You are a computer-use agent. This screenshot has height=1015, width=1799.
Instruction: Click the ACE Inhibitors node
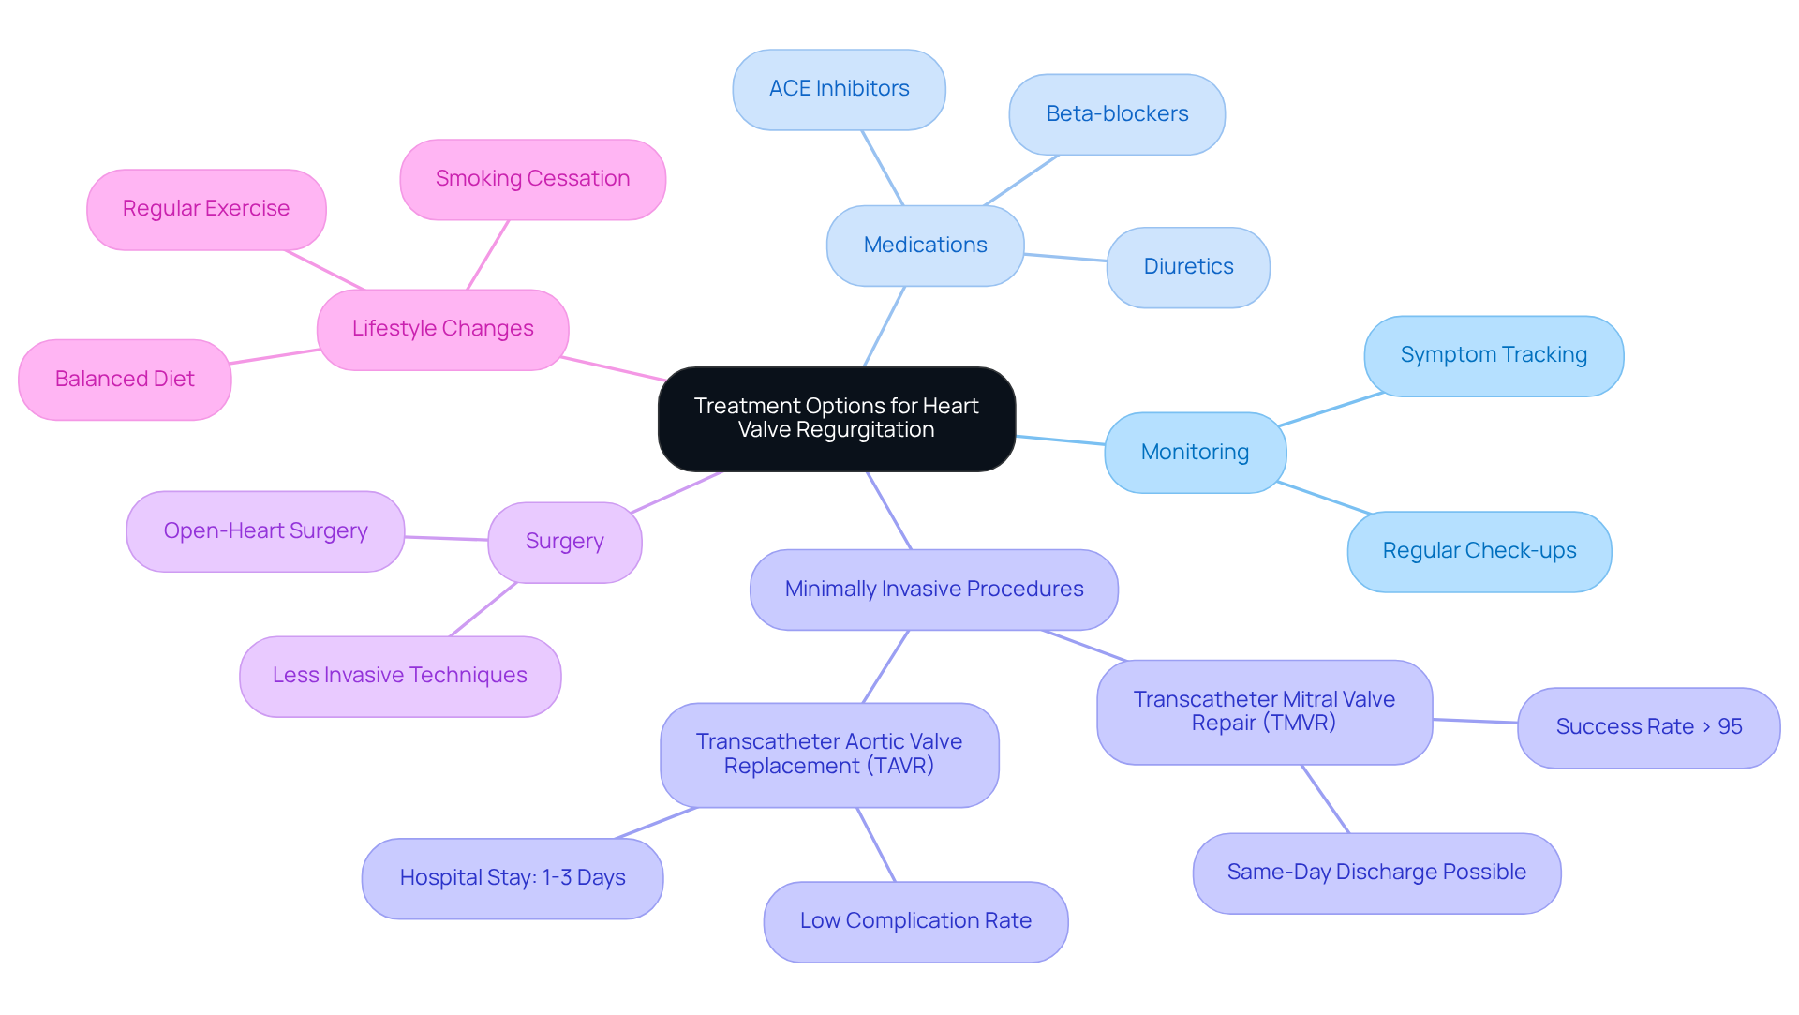click(839, 89)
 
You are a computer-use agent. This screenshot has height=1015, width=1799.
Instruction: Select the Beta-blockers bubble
click(1117, 114)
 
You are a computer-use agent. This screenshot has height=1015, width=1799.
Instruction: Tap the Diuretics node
click(1188, 267)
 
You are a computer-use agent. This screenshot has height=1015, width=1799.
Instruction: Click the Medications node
click(925, 246)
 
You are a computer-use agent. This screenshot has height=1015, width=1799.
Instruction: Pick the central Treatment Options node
click(836, 419)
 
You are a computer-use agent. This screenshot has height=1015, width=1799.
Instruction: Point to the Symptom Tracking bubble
click(1494, 355)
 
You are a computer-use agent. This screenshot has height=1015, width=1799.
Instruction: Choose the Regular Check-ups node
click(1479, 551)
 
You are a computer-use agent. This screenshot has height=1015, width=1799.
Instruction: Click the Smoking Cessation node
click(532, 179)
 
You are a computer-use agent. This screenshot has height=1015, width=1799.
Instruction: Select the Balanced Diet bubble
click(125, 380)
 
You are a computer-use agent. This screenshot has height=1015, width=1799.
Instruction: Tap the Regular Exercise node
click(206, 209)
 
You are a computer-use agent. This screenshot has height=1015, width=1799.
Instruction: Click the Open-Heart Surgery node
click(265, 531)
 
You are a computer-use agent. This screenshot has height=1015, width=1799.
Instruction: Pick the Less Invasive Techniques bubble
click(400, 676)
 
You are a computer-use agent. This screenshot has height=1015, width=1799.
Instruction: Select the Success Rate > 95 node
click(1648, 727)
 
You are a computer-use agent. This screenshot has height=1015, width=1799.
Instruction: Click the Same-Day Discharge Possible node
click(1376, 873)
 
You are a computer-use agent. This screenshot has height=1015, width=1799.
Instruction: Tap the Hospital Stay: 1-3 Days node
click(513, 878)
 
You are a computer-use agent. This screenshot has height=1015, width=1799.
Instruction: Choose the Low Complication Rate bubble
click(915, 921)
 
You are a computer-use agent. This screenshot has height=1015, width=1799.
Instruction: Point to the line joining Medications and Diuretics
click(1065, 257)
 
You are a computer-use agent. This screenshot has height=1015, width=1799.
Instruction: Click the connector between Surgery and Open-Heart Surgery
click(446, 538)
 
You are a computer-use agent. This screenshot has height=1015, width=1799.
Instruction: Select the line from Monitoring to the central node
click(1061, 440)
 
